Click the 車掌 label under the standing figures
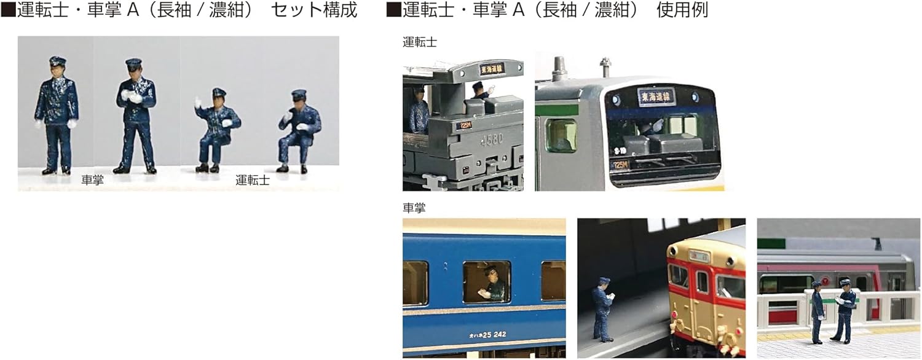[x=93, y=181]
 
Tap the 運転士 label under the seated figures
[x=252, y=181]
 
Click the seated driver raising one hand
[x=216, y=129]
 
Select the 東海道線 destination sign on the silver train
[x=656, y=97]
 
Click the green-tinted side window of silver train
[x=561, y=135]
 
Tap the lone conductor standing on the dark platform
[x=602, y=309]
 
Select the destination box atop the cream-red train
[x=698, y=254]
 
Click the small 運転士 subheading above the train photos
[x=420, y=42]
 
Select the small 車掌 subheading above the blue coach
[x=414, y=208]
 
